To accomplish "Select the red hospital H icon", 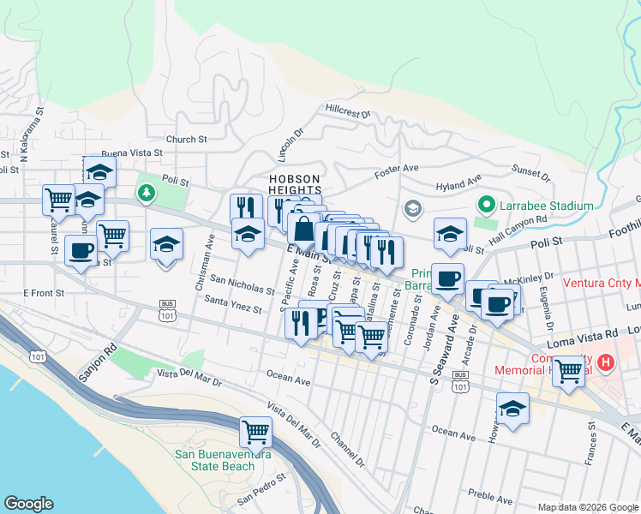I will (x=607, y=363).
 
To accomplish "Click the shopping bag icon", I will (x=303, y=230).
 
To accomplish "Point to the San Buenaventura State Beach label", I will (x=215, y=460).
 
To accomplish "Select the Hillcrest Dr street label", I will (x=347, y=111).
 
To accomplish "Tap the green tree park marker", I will (x=147, y=192).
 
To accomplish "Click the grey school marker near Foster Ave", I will (x=412, y=209).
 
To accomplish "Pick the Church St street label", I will (x=187, y=139).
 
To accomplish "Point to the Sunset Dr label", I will (x=530, y=175).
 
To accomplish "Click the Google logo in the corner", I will (x=28, y=504).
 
